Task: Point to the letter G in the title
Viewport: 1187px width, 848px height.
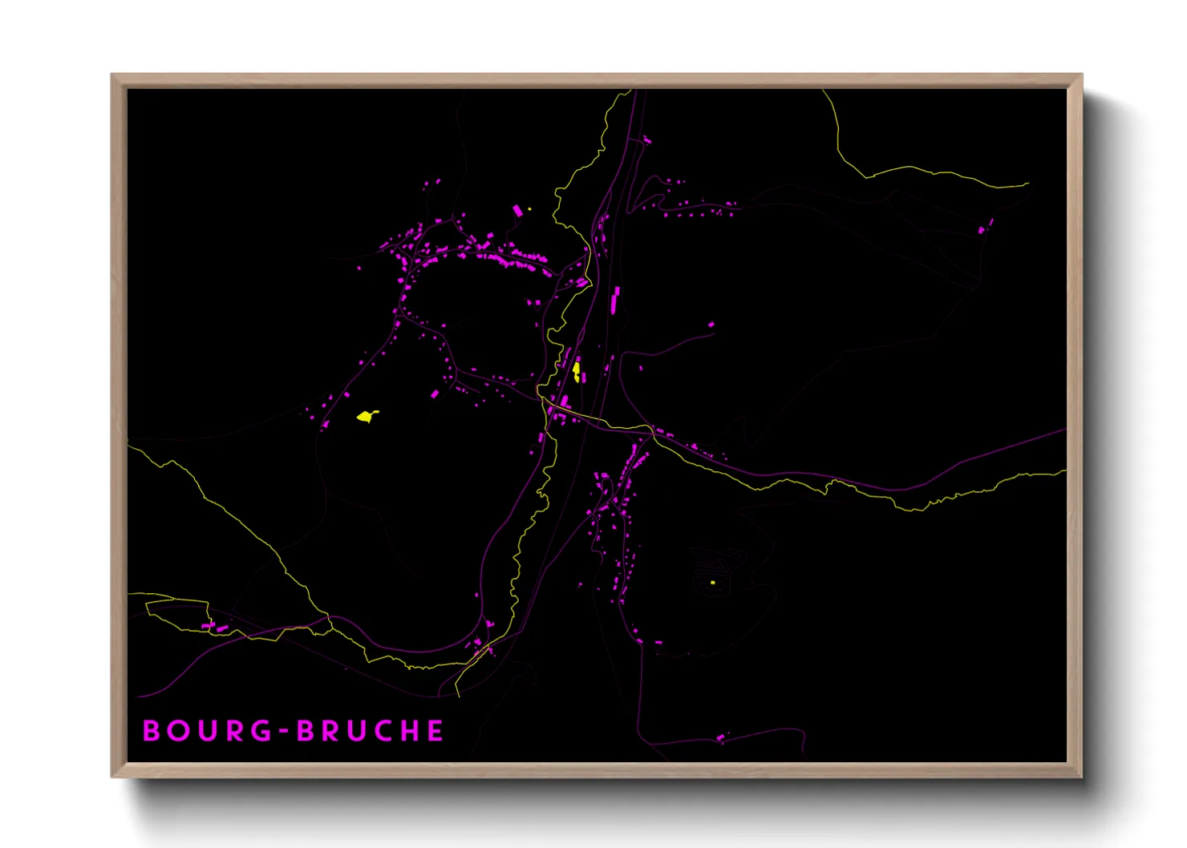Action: click(x=262, y=731)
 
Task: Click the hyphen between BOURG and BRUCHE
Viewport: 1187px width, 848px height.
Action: click(x=284, y=732)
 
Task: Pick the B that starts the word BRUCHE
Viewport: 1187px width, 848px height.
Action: click(x=306, y=731)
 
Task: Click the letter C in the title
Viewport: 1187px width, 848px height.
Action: click(x=383, y=731)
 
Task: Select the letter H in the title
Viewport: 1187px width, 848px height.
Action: click(x=409, y=731)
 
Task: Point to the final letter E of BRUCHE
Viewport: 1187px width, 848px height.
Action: click(x=435, y=731)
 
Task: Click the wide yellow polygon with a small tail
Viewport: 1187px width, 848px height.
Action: click(x=367, y=416)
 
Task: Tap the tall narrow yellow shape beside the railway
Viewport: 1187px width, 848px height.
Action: click(x=577, y=371)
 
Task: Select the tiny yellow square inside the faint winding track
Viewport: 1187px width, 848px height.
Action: click(x=712, y=583)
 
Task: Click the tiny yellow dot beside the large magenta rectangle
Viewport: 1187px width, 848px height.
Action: click(x=530, y=208)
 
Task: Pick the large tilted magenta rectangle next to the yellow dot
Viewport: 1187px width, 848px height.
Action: click(x=517, y=211)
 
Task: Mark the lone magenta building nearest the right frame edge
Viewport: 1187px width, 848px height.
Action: click(x=982, y=230)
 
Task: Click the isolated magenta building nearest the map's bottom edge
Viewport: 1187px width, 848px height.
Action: click(x=720, y=737)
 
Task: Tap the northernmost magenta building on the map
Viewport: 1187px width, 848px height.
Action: click(x=646, y=141)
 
